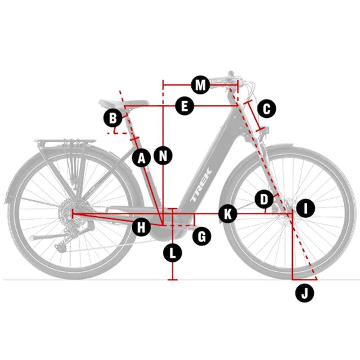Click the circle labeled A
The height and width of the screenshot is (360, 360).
(x=141, y=158)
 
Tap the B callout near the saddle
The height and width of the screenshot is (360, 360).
(x=113, y=118)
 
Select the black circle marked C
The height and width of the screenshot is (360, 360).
(x=266, y=108)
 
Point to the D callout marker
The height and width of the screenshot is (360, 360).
(x=264, y=199)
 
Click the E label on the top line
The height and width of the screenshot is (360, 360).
(x=184, y=106)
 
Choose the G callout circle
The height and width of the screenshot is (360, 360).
(x=202, y=236)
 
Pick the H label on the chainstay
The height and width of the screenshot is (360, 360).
(x=141, y=227)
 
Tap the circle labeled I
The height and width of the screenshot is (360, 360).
(x=306, y=208)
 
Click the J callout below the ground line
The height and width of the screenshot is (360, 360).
(x=305, y=293)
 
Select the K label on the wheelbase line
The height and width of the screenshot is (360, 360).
(x=228, y=214)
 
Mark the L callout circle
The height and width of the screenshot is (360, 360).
(x=172, y=253)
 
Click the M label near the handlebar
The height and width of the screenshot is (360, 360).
(x=201, y=85)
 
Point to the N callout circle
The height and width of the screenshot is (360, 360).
(x=163, y=156)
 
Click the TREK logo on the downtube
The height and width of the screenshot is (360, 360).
(x=201, y=185)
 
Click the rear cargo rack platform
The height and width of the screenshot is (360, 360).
(x=65, y=141)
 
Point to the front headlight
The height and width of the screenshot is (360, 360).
(x=266, y=130)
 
